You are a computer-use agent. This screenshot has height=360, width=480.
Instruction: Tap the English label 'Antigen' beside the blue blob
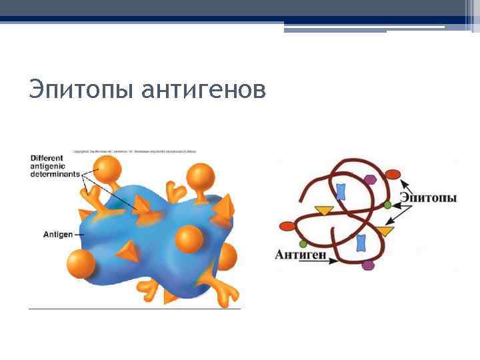[x=58, y=234]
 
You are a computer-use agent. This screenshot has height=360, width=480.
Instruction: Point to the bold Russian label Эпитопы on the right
[x=428, y=198]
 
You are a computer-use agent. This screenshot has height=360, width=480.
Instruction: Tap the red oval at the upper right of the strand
[x=393, y=175]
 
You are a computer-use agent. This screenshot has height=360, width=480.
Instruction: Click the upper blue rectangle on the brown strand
[x=341, y=192]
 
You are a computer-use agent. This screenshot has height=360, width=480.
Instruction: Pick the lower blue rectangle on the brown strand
[x=361, y=242]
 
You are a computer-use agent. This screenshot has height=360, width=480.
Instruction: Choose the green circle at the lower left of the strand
[x=303, y=241]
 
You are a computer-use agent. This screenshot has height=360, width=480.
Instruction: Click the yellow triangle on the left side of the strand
[x=324, y=211]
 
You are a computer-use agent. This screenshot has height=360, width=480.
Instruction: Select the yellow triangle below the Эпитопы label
[x=385, y=231]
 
